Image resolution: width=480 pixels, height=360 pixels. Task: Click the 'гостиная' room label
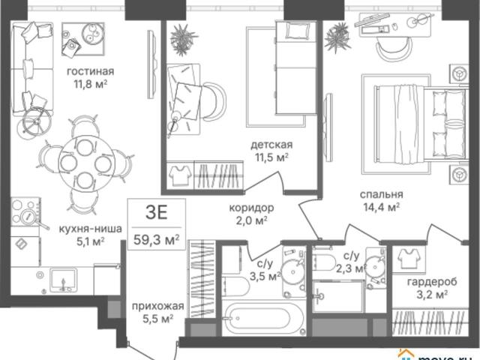[x=90, y=72]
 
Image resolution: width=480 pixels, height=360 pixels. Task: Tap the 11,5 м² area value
[x=271, y=157]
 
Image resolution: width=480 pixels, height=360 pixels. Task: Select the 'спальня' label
[x=382, y=195]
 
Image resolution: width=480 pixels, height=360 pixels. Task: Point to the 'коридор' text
[x=252, y=208]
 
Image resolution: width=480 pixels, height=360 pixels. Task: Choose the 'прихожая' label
[x=158, y=306]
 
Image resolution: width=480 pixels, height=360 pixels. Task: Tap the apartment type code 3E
[x=157, y=212]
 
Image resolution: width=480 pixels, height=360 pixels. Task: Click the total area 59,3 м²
[x=157, y=239]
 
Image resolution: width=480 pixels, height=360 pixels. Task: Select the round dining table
[x=85, y=163]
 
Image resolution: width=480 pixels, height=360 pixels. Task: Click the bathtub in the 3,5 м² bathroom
[x=263, y=317]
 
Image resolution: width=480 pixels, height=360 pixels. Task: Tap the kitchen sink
[x=63, y=279]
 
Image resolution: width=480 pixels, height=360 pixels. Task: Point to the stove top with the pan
[x=26, y=212]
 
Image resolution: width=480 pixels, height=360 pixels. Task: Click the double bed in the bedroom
[x=421, y=124]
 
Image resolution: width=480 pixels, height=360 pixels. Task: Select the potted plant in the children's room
[x=183, y=40]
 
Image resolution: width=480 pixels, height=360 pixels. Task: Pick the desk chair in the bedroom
[x=393, y=48]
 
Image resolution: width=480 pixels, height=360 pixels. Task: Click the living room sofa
[x=31, y=69]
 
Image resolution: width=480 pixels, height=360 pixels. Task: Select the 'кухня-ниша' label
[x=90, y=229]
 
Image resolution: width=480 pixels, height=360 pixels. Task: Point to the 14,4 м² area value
[x=382, y=208]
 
